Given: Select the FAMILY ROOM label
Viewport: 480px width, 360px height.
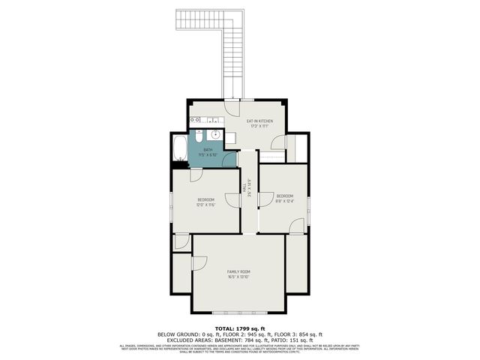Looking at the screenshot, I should (238, 271).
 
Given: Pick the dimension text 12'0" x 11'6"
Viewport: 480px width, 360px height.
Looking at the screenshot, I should (206, 205).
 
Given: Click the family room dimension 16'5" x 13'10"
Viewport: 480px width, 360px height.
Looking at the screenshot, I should (238, 277).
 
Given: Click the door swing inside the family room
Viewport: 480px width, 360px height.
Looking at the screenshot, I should (199, 262).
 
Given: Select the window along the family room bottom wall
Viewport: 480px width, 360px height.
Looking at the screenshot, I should (238, 312).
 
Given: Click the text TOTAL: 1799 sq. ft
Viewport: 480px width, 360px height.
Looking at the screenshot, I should (240, 328).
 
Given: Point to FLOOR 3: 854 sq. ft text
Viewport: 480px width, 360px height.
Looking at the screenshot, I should (299, 334).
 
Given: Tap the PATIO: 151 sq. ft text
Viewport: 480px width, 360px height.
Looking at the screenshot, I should (307, 340).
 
